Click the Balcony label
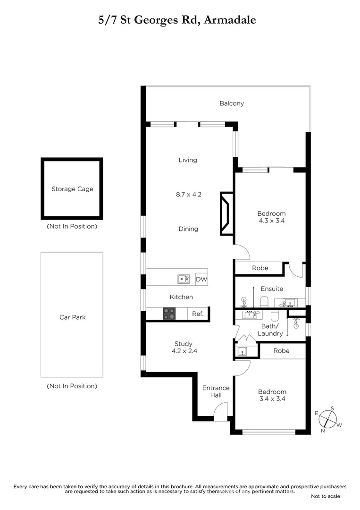232,103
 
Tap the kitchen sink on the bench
184,279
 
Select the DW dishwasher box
201,280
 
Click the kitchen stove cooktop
169,314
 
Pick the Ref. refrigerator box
198,314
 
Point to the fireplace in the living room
226,213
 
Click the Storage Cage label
72,189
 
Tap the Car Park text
72,317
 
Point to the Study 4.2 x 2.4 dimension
183,351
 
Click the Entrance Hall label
216,391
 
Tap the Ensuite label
272,289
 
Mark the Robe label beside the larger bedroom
260,268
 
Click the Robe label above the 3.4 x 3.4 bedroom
281,351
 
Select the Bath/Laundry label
270,330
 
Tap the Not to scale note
325,496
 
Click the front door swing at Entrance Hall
220,410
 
